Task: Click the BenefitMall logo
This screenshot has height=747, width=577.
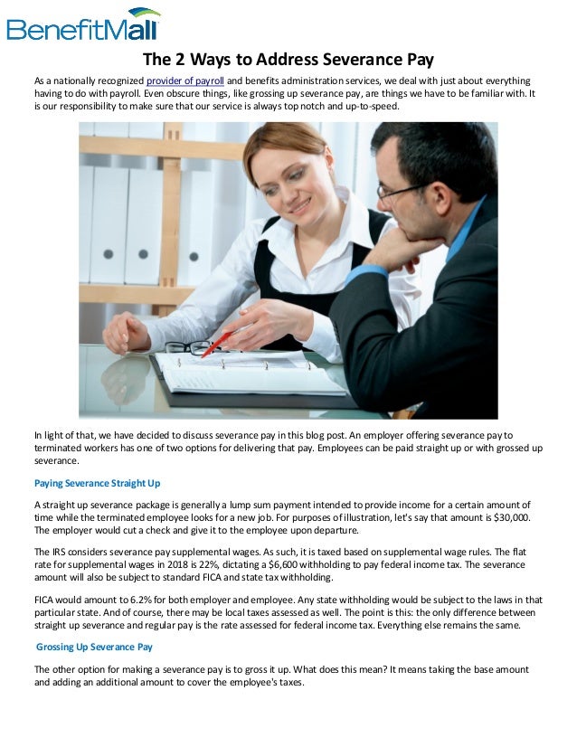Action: pyautogui.click(x=84, y=24)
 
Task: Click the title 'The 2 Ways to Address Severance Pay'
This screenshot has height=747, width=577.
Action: pyautogui.click(x=288, y=61)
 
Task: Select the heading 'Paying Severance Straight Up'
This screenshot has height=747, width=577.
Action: pyautogui.click(x=97, y=482)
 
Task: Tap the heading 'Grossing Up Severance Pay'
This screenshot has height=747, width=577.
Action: pyautogui.click(x=95, y=647)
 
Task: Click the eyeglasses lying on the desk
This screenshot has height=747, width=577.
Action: pyautogui.click(x=188, y=347)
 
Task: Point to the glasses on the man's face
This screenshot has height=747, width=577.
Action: pyautogui.click(x=402, y=190)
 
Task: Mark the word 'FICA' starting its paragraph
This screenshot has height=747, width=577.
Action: pyautogui.click(x=45, y=598)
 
